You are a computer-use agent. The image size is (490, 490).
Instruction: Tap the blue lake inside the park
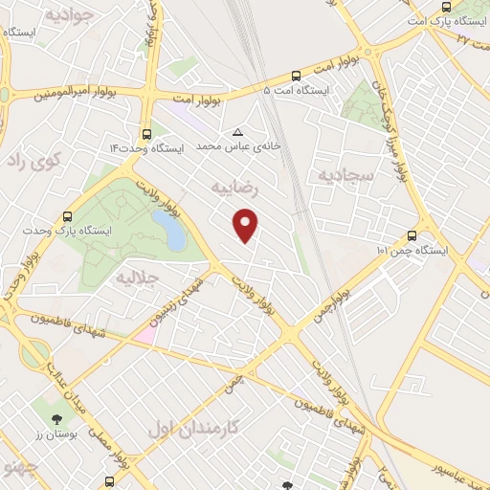point(168,230)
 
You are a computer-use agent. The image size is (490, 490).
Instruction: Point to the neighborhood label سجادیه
point(340,174)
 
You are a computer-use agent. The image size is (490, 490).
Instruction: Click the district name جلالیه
point(136,277)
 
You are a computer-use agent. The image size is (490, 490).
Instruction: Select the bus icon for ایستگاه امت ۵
point(295,75)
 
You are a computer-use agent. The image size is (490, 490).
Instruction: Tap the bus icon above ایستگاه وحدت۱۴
point(146,135)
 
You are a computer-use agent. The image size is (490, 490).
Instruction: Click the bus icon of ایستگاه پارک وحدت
point(67,216)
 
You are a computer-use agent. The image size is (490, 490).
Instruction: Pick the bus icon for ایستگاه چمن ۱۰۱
point(412,235)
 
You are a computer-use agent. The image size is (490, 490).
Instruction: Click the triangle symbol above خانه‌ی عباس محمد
point(237,133)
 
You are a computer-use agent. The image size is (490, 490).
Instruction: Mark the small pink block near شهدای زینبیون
point(145,334)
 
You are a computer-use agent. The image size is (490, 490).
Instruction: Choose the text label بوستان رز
point(56,437)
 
